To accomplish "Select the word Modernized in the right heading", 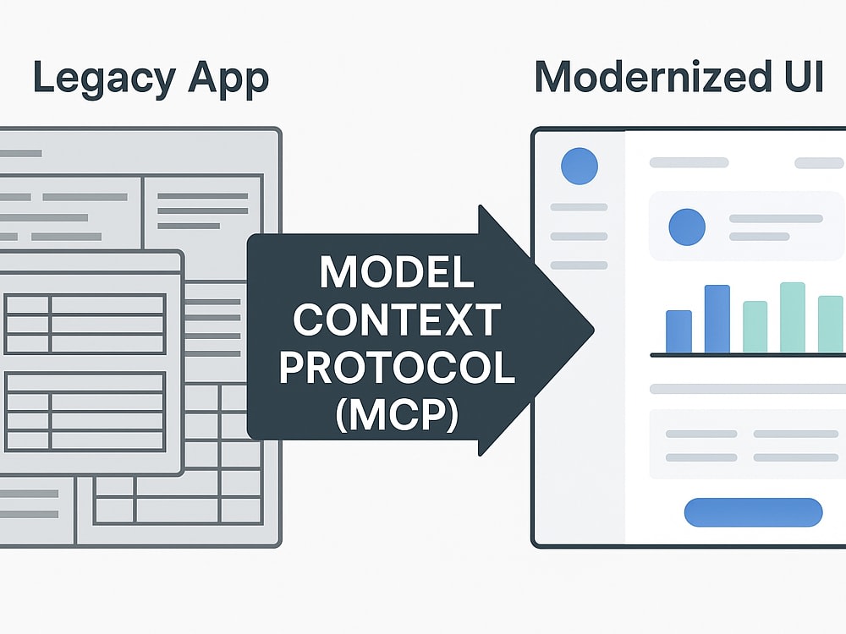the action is [x=653, y=77].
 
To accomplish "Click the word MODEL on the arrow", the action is [x=397, y=271].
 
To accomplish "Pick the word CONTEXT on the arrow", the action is [x=397, y=320].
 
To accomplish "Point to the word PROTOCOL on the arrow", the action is [x=397, y=367].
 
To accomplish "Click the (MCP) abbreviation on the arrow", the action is [x=397, y=414].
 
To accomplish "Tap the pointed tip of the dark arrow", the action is [x=594, y=331].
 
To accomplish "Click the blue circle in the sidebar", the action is [x=580, y=167].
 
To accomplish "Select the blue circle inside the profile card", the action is [x=687, y=227].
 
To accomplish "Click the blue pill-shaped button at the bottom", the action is [x=753, y=512].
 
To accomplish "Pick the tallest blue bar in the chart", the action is [x=717, y=320].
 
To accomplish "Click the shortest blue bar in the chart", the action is [x=678, y=332].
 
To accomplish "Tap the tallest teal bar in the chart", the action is [x=793, y=318].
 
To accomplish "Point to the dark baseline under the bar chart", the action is [x=748, y=355].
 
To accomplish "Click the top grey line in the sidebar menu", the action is [x=579, y=207].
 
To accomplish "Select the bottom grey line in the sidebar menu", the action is [x=579, y=265].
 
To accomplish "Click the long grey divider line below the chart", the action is [x=748, y=389].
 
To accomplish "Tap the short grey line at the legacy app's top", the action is [x=20, y=153].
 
